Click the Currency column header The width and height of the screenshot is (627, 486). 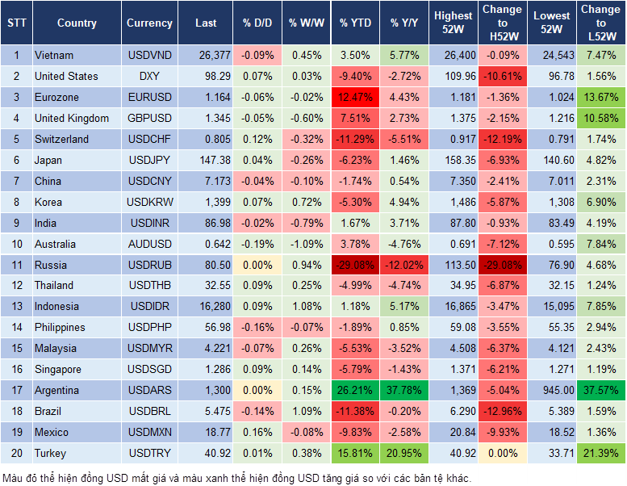149,23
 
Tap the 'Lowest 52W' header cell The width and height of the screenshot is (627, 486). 554,23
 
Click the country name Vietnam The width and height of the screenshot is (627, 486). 54,56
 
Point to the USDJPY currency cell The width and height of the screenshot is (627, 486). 149,160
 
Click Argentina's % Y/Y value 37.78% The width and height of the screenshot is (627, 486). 405,391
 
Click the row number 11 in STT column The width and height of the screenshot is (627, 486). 15,265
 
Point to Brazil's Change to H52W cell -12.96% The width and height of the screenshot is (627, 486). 502,412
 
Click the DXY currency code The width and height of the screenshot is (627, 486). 149,77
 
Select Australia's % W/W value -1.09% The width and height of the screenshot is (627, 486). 306,244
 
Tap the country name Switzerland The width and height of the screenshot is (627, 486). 62,139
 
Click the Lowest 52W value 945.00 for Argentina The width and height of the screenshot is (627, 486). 554,391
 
